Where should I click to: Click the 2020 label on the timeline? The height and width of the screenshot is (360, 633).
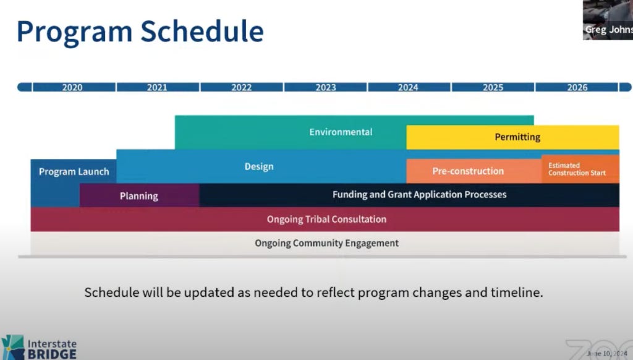pos(72,87)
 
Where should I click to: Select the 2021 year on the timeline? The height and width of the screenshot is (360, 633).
pos(157,87)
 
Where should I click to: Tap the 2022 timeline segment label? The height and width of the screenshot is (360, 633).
pos(242,87)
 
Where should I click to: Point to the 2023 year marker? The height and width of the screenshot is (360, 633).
pos(326,87)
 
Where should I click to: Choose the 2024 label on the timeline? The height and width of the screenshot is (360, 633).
pos(408,87)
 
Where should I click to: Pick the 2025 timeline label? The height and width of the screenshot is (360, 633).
pos(493,87)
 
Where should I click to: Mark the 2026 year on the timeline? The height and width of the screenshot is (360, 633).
pos(577,87)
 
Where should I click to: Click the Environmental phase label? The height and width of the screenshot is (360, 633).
pos(341,132)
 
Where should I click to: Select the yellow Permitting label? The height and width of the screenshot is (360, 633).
pos(517,137)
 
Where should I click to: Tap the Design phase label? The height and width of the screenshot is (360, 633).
pos(259,166)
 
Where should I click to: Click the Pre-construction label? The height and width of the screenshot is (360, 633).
pos(468,171)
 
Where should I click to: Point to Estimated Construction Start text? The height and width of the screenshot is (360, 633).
pos(577,169)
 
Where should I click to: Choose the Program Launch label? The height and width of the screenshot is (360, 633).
pos(74,172)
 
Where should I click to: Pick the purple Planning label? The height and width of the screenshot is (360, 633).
pos(139,196)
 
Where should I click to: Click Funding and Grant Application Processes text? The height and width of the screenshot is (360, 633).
pos(420,195)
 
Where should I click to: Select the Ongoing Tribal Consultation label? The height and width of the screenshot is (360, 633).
pos(326,220)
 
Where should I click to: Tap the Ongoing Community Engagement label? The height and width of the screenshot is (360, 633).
pos(326,243)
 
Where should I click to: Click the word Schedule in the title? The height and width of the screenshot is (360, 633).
pos(202,31)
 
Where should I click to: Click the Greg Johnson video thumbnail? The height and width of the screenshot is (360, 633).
pos(608,20)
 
